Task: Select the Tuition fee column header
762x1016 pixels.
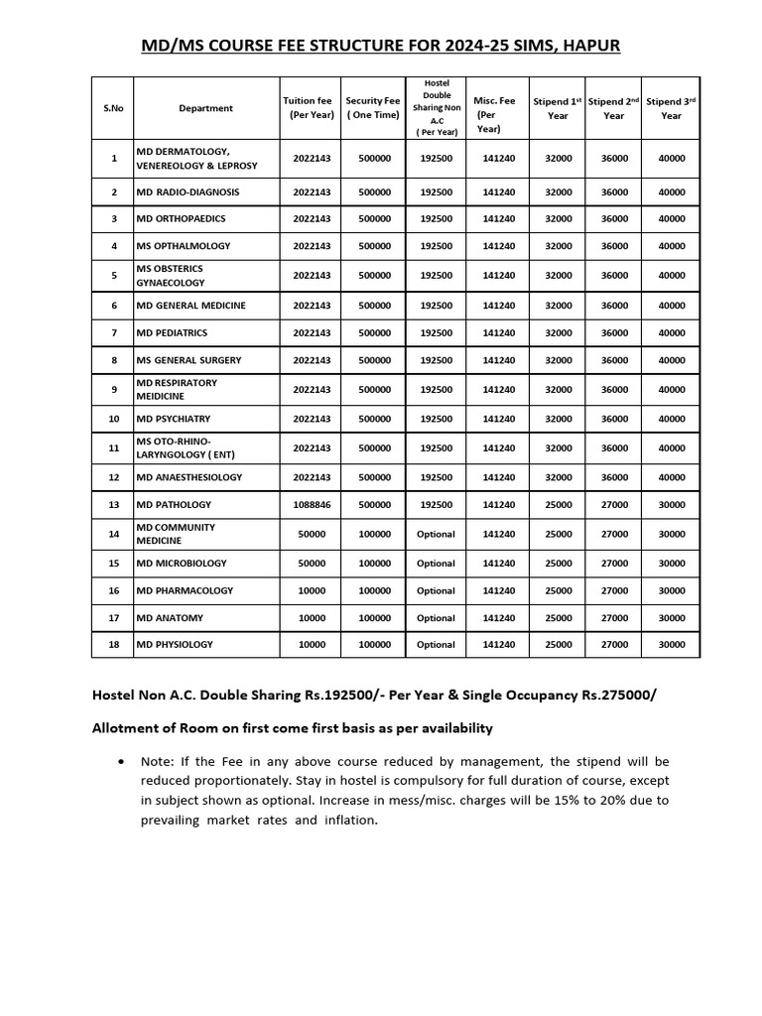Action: tap(308, 108)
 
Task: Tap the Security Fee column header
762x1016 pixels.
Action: tap(373, 108)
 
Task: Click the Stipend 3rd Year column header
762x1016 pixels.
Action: tap(671, 108)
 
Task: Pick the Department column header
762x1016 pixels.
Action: tap(205, 108)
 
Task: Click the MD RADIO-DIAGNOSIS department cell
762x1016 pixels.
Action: tap(188, 191)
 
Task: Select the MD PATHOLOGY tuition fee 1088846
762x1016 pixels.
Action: tap(312, 505)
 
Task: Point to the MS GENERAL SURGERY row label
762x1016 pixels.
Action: tap(188, 360)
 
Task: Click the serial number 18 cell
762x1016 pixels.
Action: tap(113, 644)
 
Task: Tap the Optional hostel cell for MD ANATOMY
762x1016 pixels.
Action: tap(436, 617)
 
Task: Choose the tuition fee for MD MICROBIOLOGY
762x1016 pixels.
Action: tap(312, 563)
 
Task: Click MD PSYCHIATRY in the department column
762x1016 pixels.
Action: tap(173, 419)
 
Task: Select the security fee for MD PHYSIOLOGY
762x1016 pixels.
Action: tap(374, 644)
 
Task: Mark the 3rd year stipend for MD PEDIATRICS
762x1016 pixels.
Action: tap(671, 332)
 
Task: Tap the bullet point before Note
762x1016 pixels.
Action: tap(120, 762)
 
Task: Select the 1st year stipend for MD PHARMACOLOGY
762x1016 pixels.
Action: tap(559, 590)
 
